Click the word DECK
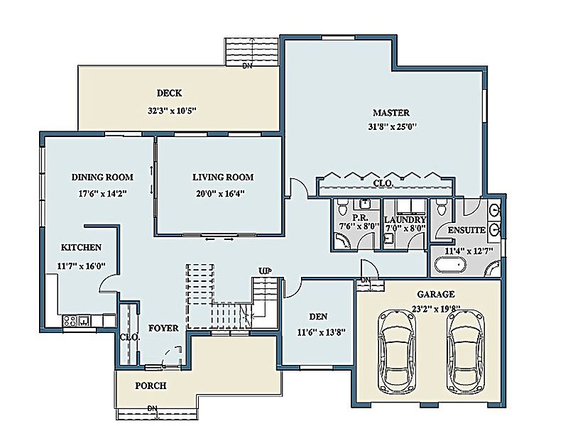169,93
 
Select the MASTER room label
391,113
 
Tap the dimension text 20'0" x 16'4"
222,193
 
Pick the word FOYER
163,329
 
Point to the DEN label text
318,317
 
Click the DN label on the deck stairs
247,67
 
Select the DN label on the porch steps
151,408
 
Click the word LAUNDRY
404,220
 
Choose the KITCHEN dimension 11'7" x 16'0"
80,266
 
